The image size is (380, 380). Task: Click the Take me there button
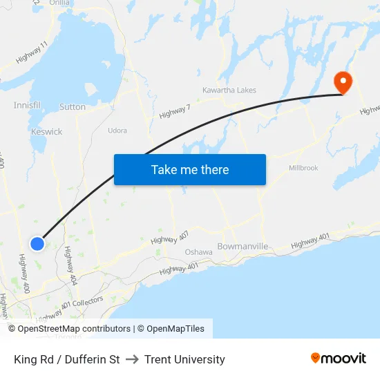click(x=190, y=169)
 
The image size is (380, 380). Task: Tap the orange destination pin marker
click(x=343, y=82)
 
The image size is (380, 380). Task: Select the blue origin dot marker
click(x=37, y=243)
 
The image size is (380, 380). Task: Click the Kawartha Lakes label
click(x=229, y=91)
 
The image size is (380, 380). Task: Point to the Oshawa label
click(x=198, y=252)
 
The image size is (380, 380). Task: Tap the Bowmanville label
click(x=242, y=247)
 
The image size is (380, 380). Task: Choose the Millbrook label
click(x=303, y=168)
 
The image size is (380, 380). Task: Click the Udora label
click(x=117, y=130)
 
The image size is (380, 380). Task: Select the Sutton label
click(x=73, y=107)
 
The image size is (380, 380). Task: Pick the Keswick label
click(x=46, y=131)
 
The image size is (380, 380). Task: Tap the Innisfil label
click(x=27, y=105)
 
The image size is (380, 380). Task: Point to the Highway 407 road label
click(x=169, y=238)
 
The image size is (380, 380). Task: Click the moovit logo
click(x=339, y=359)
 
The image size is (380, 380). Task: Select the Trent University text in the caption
click(x=184, y=359)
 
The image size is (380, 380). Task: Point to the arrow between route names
click(x=132, y=359)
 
